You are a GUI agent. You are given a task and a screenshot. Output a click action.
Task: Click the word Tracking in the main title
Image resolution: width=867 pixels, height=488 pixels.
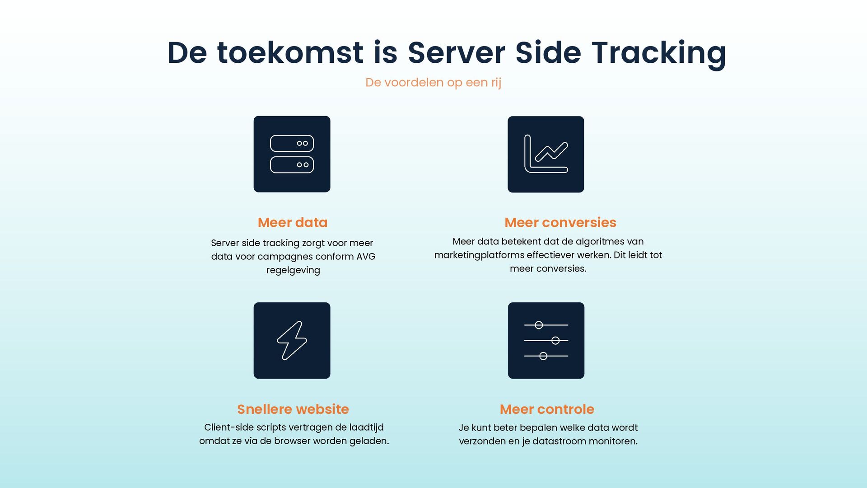(x=659, y=53)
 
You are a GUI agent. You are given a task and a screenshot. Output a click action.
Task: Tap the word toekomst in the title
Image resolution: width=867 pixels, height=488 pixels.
(x=290, y=53)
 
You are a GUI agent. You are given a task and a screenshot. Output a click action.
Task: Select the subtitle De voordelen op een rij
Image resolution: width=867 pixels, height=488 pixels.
(x=433, y=83)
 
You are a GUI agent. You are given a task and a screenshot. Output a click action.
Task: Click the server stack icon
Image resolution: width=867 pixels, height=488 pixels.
(x=292, y=154)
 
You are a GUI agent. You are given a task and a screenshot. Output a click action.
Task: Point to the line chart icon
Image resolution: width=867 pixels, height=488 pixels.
(x=545, y=154)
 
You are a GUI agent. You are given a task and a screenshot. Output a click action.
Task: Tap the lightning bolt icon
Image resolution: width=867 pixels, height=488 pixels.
(x=292, y=340)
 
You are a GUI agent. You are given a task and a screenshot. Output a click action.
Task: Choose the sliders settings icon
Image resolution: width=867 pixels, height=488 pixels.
(x=546, y=340)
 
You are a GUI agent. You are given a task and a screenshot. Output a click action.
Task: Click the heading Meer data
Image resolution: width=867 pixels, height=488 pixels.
(x=293, y=223)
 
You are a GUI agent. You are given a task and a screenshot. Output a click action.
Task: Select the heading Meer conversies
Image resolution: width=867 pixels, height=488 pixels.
(x=560, y=223)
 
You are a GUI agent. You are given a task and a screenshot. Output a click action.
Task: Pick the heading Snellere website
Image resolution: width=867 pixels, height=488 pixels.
(x=293, y=409)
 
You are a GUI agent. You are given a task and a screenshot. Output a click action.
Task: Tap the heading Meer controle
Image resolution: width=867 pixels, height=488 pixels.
(x=547, y=409)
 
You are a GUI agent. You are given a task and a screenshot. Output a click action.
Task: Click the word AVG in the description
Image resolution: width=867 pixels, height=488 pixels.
(x=366, y=257)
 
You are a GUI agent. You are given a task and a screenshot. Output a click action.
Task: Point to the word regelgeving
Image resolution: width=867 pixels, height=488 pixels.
(x=293, y=270)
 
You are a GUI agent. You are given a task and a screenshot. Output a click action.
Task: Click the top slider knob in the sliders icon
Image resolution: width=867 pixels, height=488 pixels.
(x=539, y=325)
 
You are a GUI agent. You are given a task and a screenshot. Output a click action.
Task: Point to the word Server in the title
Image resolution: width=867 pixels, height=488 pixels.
(x=456, y=53)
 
